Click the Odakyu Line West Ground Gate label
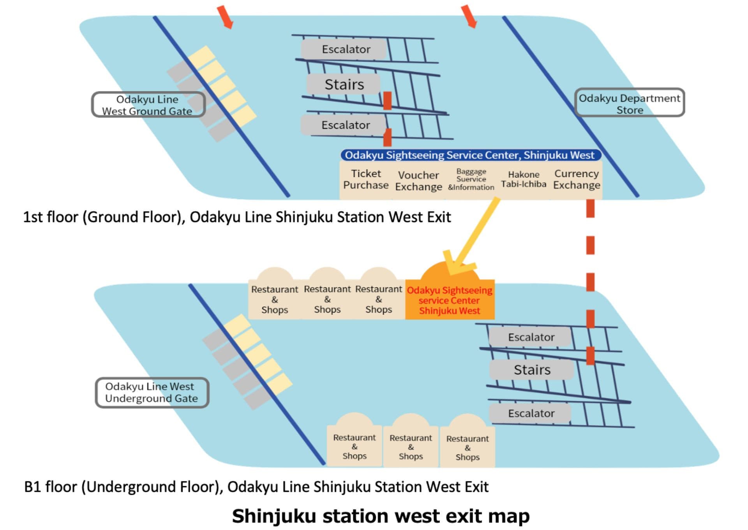point(148,104)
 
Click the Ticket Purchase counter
point(365,179)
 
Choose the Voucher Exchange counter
point(418,181)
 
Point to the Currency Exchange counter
point(577,179)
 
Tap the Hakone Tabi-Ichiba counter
point(524,179)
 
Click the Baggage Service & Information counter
point(471,179)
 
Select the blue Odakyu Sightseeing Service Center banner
point(471,155)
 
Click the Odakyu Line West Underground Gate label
point(152,393)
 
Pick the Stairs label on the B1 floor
point(532,370)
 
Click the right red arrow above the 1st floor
point(469,17)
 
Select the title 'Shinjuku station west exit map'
point(381,516)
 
